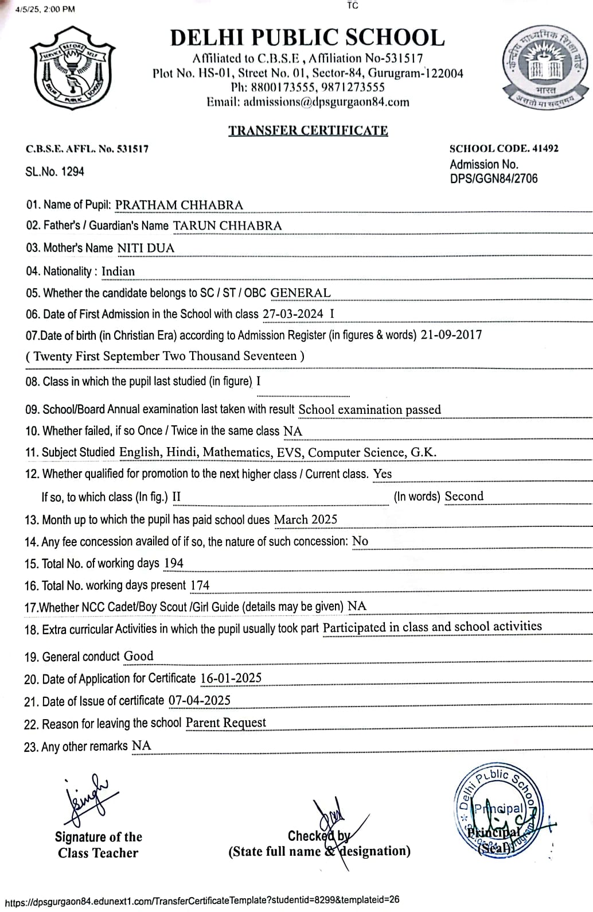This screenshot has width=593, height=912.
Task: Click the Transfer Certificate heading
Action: point(308,130)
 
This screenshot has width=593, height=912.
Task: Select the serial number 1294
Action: point(73,172)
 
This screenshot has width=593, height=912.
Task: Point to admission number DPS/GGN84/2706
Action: point(494,178)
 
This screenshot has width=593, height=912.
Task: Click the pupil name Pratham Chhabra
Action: point(179,205)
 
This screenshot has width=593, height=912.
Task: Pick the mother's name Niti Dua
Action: point(146,248)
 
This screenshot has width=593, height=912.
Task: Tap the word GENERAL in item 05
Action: point(301,293)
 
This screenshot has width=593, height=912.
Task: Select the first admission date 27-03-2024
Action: point(293,314)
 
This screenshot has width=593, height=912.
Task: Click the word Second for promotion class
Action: point(464,496)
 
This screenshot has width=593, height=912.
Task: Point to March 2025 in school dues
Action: point(306,519)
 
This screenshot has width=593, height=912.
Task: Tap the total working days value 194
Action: point(173,563)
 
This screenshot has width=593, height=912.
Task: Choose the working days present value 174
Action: point(200,585)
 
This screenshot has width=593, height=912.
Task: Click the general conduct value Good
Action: point(139,656)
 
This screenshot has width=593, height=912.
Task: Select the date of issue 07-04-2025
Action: point(199,700)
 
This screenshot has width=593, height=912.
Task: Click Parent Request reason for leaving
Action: point(226,723)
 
